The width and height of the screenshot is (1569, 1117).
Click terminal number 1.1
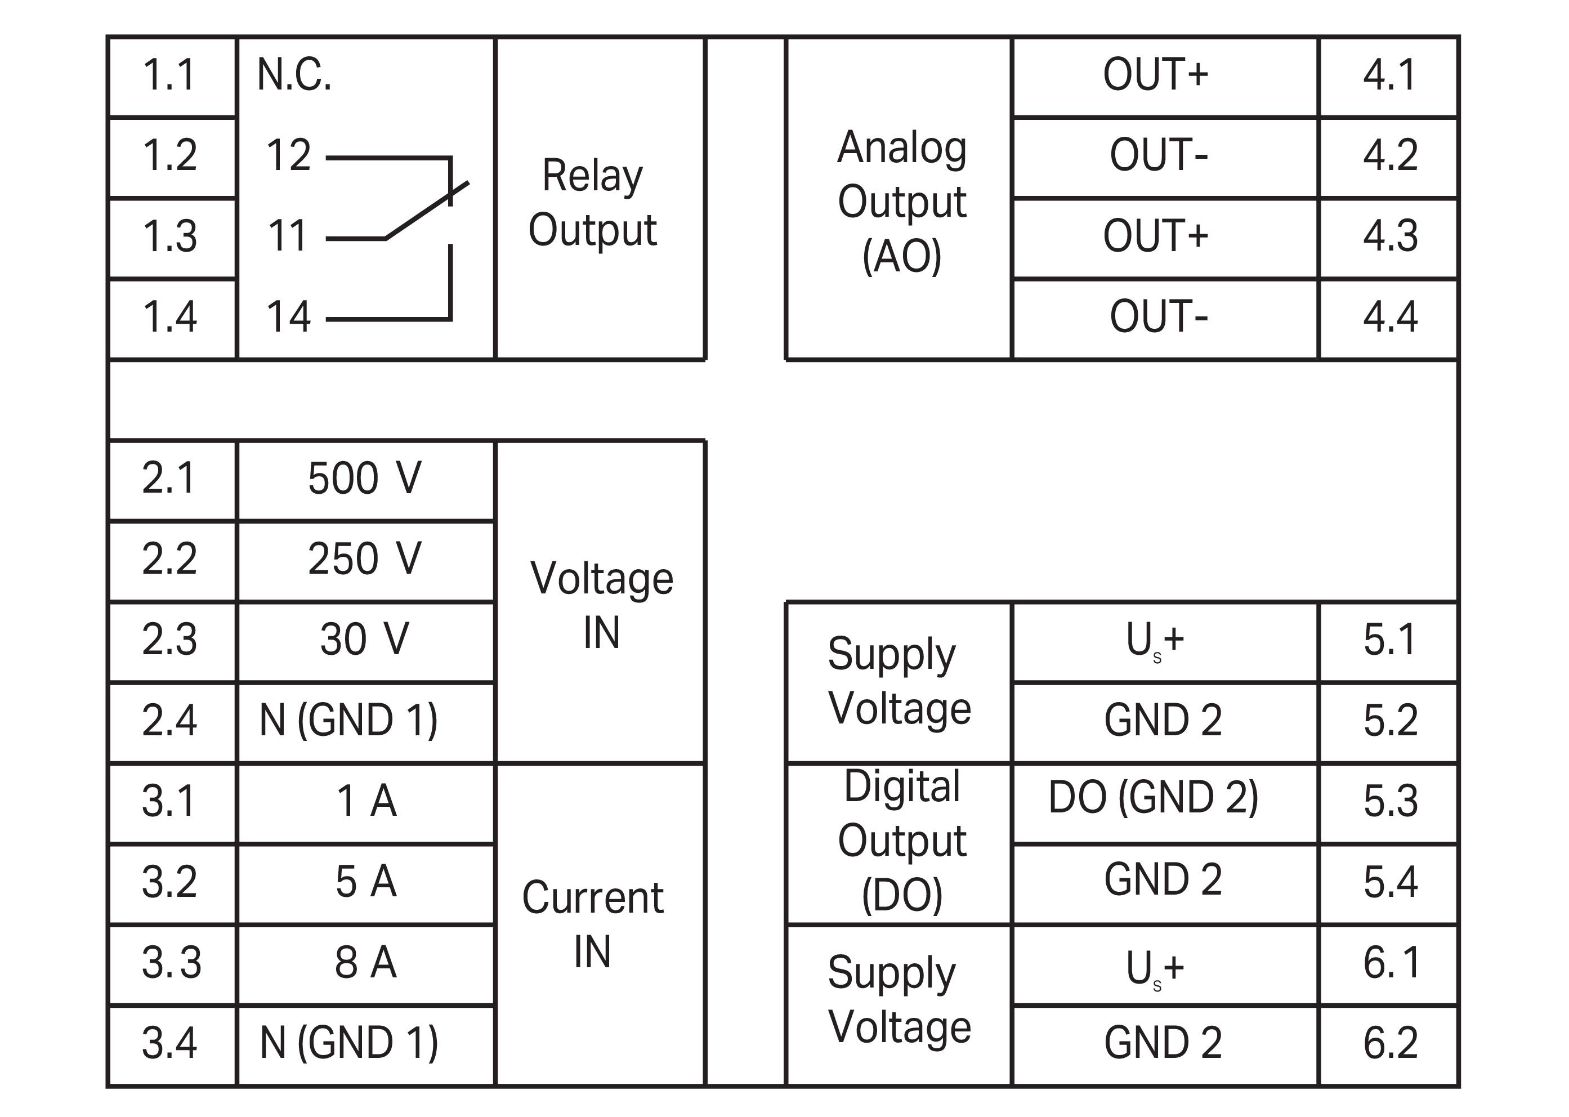[x=170, y=75]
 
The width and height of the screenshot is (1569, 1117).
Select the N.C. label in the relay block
[x=294, y=75]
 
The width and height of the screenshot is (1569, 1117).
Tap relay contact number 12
[x=289, y=155]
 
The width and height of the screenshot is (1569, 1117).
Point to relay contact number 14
[x=289, y=317]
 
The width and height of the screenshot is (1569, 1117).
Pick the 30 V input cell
[x=365, y=640]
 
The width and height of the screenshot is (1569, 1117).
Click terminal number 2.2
[x=170, y=558]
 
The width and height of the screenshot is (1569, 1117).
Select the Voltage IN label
[x=601, y=605]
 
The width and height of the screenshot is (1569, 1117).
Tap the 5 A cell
[x=366, y=882]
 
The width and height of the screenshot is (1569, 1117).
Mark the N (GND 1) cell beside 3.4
[x=348, y=1043]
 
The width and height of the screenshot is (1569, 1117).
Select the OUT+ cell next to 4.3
[x=1156, y=236]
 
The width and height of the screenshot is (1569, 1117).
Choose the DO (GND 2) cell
[x=1154, y=798]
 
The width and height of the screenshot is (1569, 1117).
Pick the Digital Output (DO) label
[x=902, y=841]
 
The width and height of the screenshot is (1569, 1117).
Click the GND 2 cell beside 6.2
[x=1163, y=1043]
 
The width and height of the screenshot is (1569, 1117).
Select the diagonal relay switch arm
[x=427, y=211]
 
